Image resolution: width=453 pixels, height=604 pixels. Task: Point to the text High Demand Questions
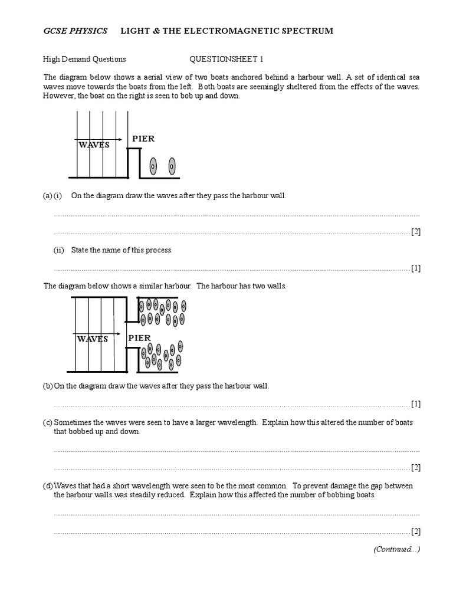pyautogui.click(x=84, y=59)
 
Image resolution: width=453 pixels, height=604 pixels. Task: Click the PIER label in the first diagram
pyautogui.click(x=143, y=139)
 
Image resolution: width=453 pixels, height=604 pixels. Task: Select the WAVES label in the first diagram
pyautogui.click(x=93, y=145)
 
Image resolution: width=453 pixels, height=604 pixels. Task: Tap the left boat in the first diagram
pyautogui.click(x=153, y=166)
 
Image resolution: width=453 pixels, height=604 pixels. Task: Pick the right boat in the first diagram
pyautogui.click(x=172, y=166)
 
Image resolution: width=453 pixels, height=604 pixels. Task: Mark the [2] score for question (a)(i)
pyautogui.click(x=416, y=232)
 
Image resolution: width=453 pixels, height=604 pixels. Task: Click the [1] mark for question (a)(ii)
pyautogui.click(x=416, y=268)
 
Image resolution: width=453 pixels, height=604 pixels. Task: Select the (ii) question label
pyautogui.click(x=58, y=250)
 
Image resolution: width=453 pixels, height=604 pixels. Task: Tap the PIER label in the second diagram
pyautogui.click(x=139, y=338)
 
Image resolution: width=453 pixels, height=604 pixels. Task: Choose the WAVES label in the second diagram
pyautogui.click(x=92, y=339)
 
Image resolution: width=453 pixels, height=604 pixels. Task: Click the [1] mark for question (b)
pyautogui.click(x=416, y=404)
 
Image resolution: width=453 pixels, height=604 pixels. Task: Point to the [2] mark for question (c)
pyautogui.click(x=416, y=468)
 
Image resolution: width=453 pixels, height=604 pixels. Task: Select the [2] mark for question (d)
pyautogui.click(x=416, y=531)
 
